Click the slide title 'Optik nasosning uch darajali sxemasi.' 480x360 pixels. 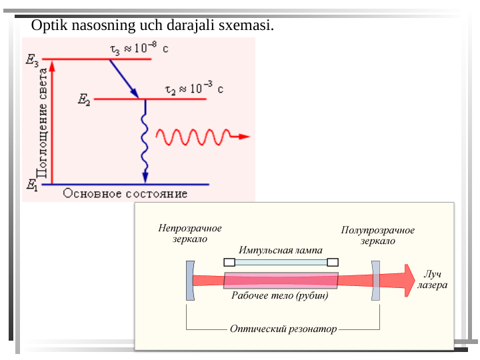153,26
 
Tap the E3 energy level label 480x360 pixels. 33,60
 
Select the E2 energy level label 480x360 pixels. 84,101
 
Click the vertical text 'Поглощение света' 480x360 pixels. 42,123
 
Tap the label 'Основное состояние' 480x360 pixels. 125,194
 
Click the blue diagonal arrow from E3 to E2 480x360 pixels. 124,79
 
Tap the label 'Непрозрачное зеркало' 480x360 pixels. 190,233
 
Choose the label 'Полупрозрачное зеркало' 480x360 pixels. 378,235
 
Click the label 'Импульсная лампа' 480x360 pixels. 281,251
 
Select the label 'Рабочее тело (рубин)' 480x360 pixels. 280,296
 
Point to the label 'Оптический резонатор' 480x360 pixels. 283,329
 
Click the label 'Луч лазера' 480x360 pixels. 433,280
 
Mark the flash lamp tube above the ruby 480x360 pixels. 280,262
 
